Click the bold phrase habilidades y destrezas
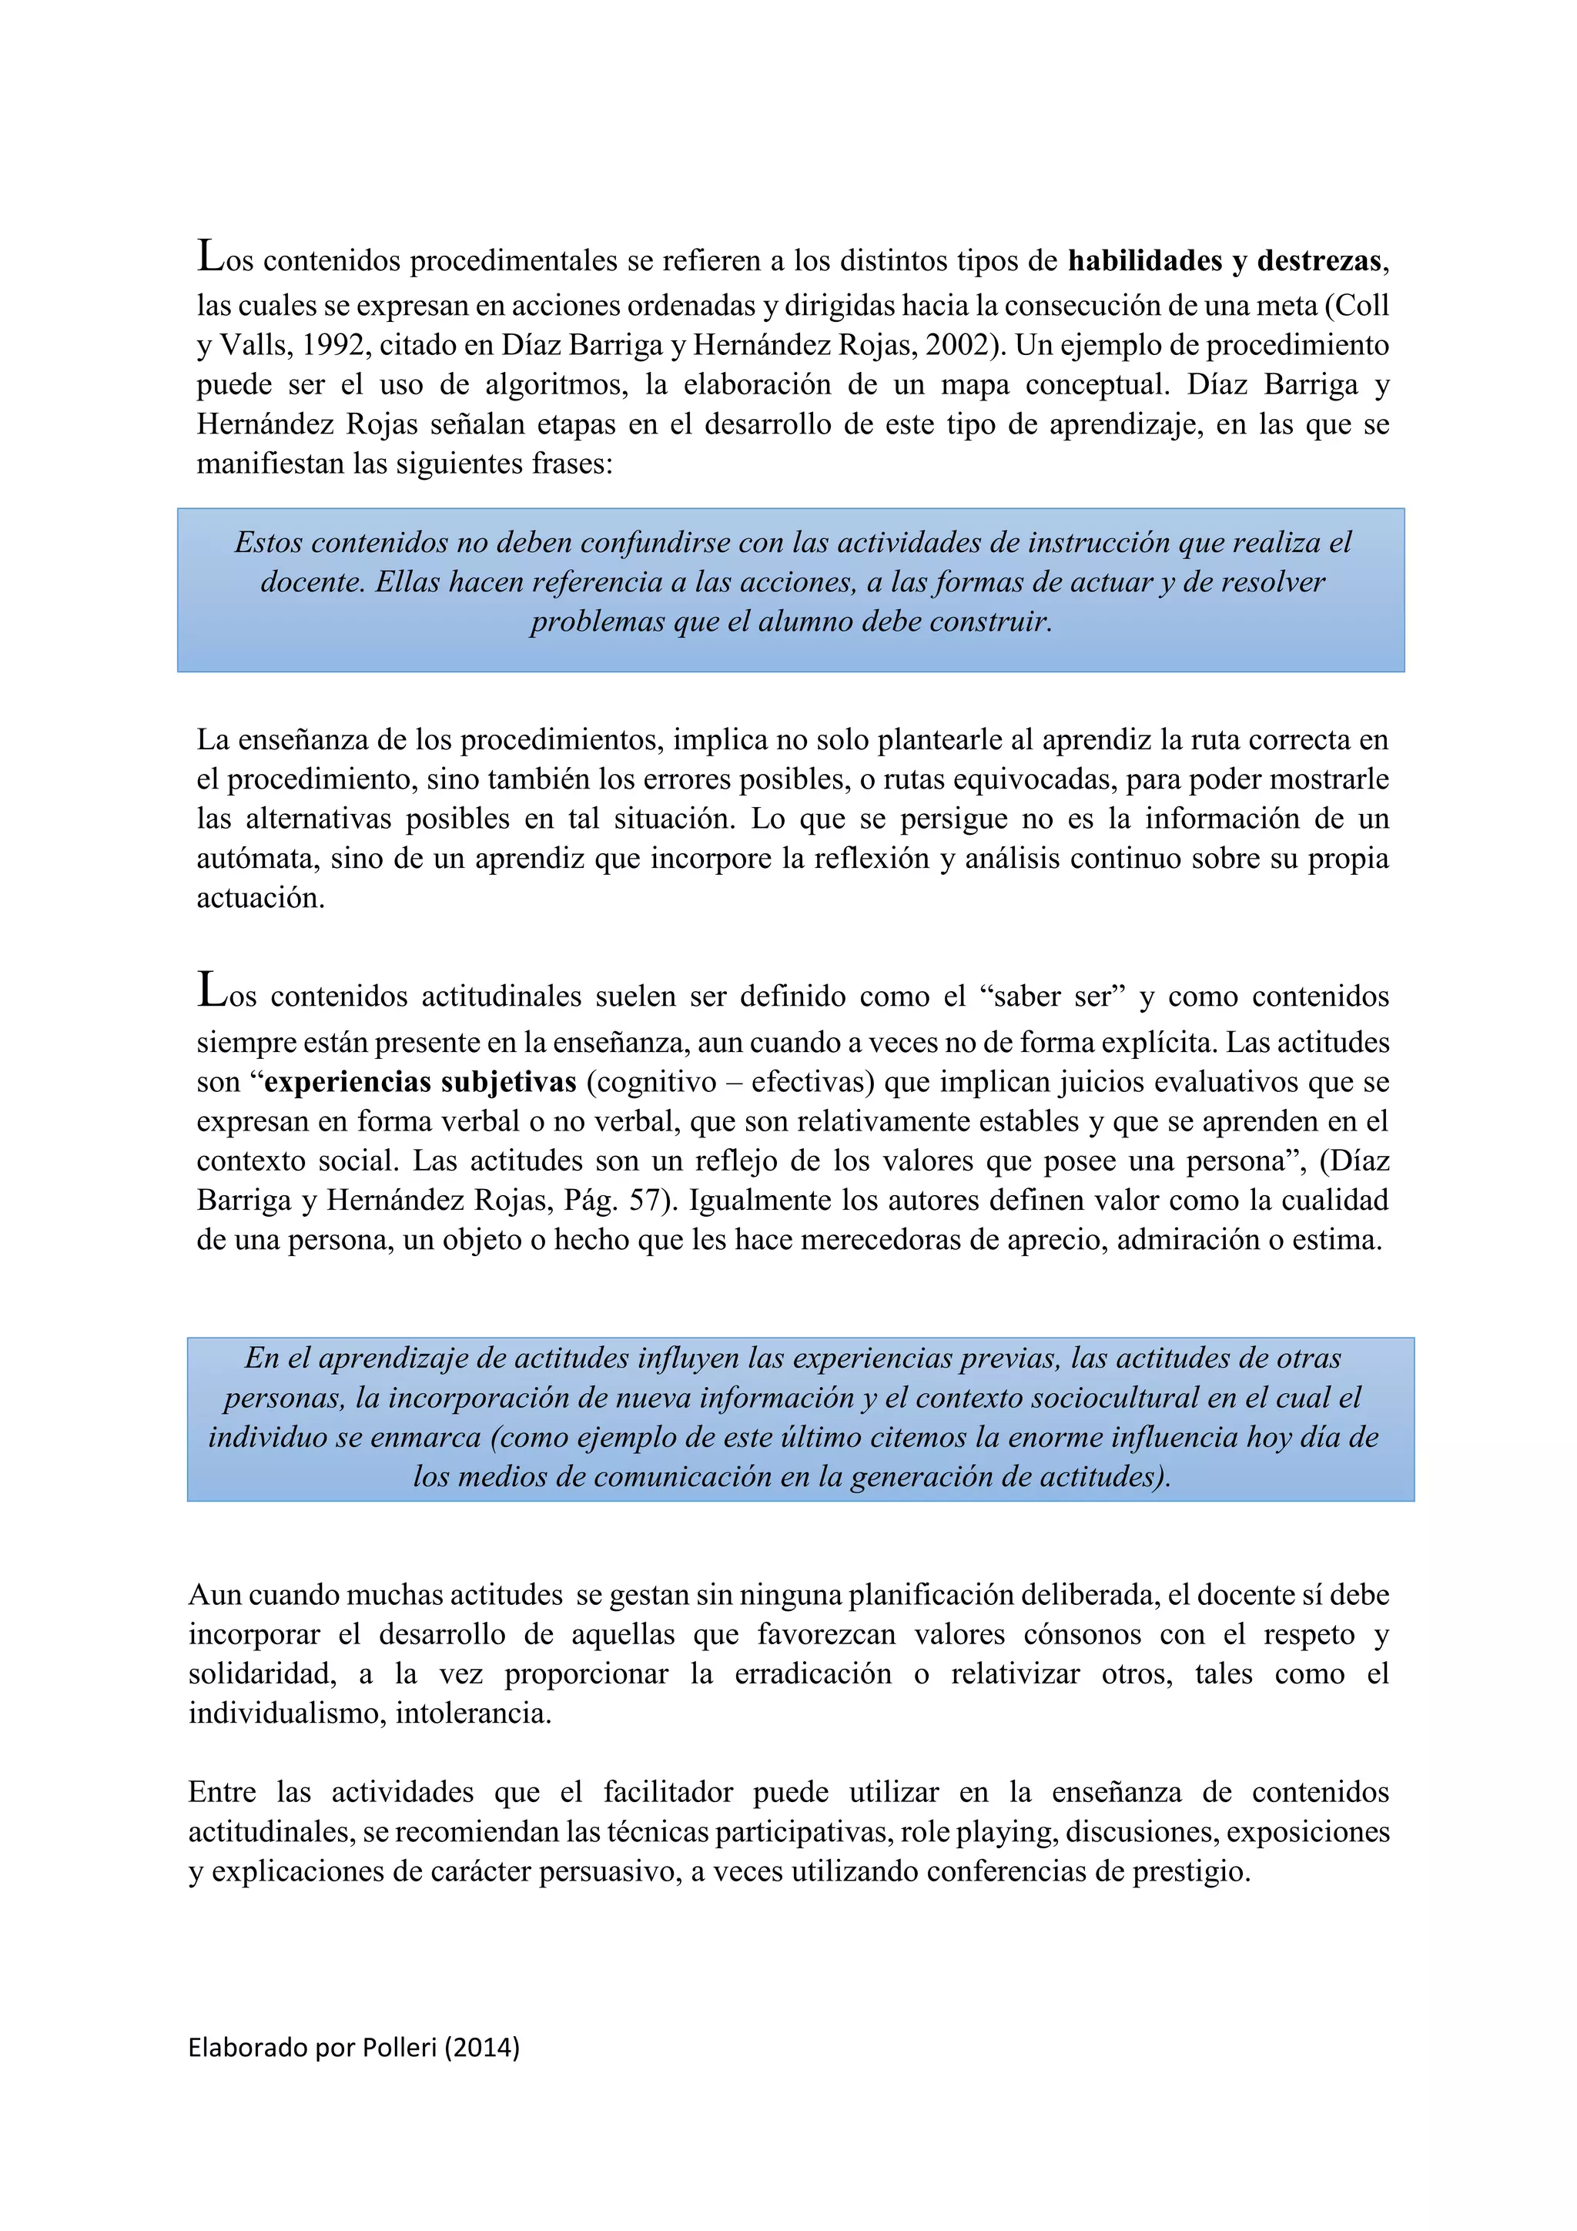(x=1224, y=261)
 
